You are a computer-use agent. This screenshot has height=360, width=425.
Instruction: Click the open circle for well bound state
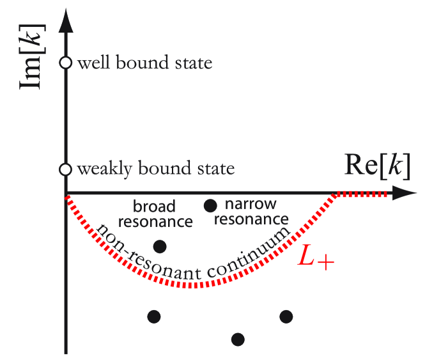coord(65,63)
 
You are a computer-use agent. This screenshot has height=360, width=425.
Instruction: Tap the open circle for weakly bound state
coord(65,169)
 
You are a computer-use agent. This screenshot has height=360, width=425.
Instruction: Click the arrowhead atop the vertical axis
coord(65,19)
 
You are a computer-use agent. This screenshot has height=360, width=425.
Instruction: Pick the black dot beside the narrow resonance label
coord(208,205)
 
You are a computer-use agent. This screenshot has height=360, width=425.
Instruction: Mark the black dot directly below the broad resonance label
coord(160,246)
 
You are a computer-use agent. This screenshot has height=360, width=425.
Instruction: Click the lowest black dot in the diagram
coord(238,338)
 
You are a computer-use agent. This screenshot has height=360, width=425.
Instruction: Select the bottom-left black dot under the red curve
coord(153,316)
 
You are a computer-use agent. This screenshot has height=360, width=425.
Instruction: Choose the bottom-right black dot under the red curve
coord(286,316)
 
